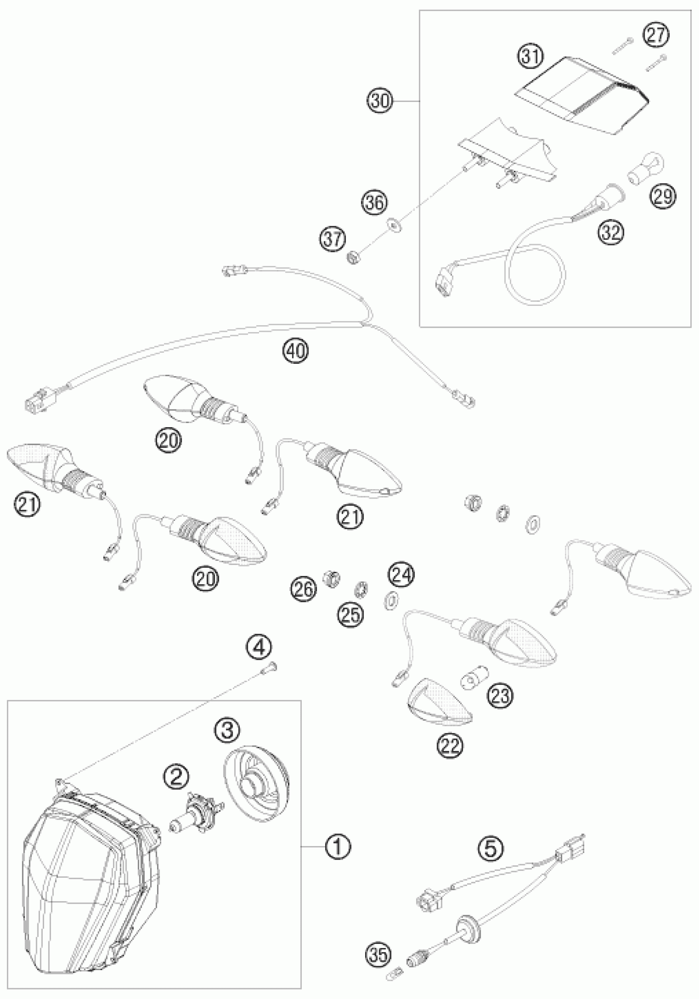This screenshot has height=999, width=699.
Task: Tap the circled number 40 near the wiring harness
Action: [295, 350]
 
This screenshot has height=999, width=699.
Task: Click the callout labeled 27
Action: [657, 35]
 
